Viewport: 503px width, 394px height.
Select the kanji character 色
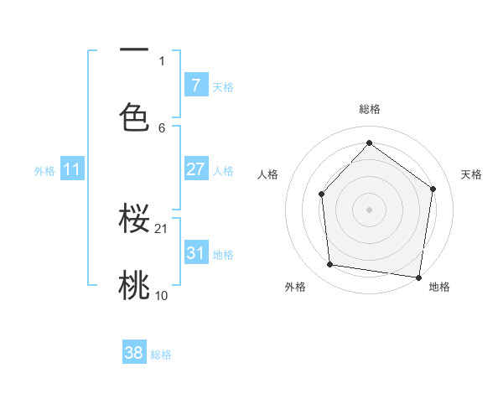(x=134, y=117)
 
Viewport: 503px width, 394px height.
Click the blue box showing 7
(x=195, y=86)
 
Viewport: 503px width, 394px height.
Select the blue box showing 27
(x=195, y=169)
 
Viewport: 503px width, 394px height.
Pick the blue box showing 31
(x=195, y=252)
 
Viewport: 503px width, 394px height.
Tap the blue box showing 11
(x=72, y=169)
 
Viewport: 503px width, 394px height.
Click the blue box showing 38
(x=134, y=353)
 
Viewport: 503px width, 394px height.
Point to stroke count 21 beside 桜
(x=163, y=228)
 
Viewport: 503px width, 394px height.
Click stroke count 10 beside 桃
(x=162, y=295)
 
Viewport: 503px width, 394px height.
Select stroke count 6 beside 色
(x=162, y=127)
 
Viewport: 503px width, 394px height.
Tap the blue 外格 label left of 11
(x=44, y=170)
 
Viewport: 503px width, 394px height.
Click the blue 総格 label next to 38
(x=161, y=355)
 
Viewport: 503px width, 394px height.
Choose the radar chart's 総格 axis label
(x=369, y=109)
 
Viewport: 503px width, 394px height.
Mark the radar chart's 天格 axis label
(x=471, y=174)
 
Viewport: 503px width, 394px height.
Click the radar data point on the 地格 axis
(x=418, y=277)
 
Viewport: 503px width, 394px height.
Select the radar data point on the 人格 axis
(x=322, y=194)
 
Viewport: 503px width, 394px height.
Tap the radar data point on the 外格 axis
(x=330, y=265)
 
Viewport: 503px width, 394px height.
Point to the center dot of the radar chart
(x=369, y=209)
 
